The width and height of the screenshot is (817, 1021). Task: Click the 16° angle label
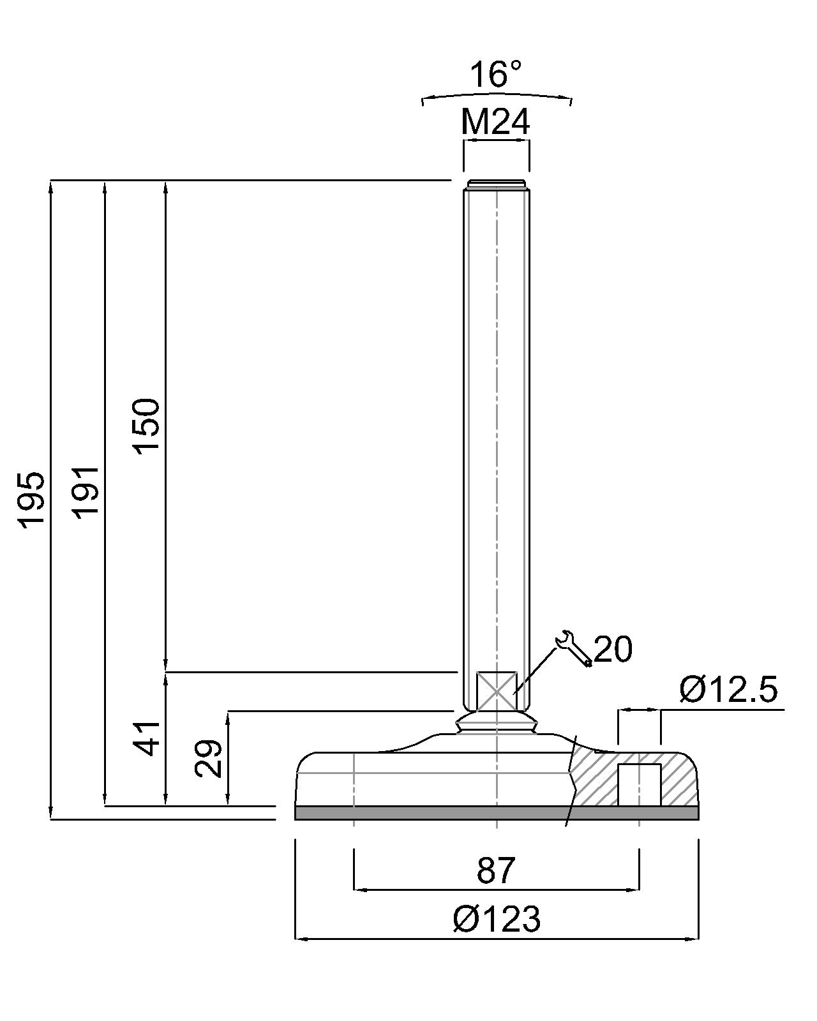(x=496, y=75)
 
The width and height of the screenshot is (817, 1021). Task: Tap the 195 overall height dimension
(x=31, y=500)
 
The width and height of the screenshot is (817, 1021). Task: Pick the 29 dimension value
(x=209, y=758)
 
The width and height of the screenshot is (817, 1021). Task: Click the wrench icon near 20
(x=573, y=649)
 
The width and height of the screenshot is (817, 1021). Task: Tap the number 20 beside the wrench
(x=613, y=650)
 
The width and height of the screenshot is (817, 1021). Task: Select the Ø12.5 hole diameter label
(x=728, y=690)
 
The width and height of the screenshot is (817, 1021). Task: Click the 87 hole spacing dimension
(x=495, y=870)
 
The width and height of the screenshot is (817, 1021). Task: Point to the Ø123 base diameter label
(x=497, y=920)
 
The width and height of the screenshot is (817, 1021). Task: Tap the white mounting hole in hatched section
(x=639, y=784)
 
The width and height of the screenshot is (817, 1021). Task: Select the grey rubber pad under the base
(x=447, y=812)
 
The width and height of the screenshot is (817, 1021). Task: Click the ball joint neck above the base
(x=497, y=725)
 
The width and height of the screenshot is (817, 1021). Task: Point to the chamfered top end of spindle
(x=496, y=185)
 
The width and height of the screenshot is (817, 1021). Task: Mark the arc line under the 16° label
(x=497, y=95)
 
